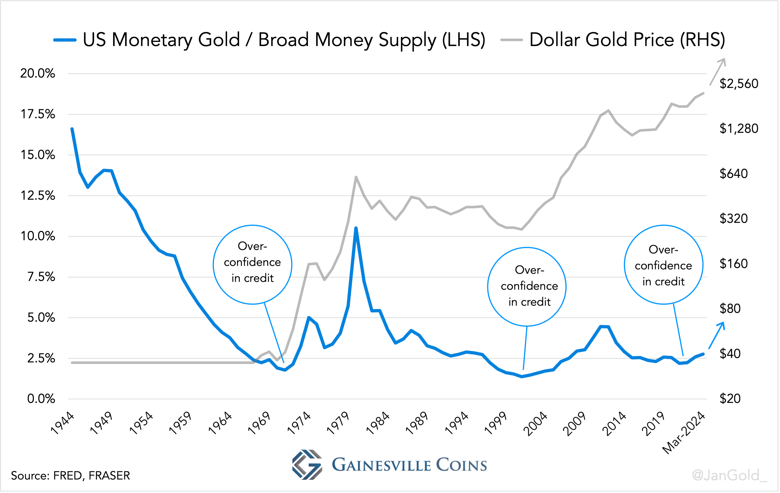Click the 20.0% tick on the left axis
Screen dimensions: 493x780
point(38,74)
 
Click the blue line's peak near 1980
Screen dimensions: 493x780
point(356,228)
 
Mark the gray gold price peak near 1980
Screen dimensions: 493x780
point(356,177)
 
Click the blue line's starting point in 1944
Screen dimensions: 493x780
point(72,129)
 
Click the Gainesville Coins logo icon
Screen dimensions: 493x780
point(307,465)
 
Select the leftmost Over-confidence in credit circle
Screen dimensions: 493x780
point(252,264)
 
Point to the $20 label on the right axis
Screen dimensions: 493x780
point(730,399)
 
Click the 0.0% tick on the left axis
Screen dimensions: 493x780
point(41,399)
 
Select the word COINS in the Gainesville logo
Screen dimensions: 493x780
point(461,465)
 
